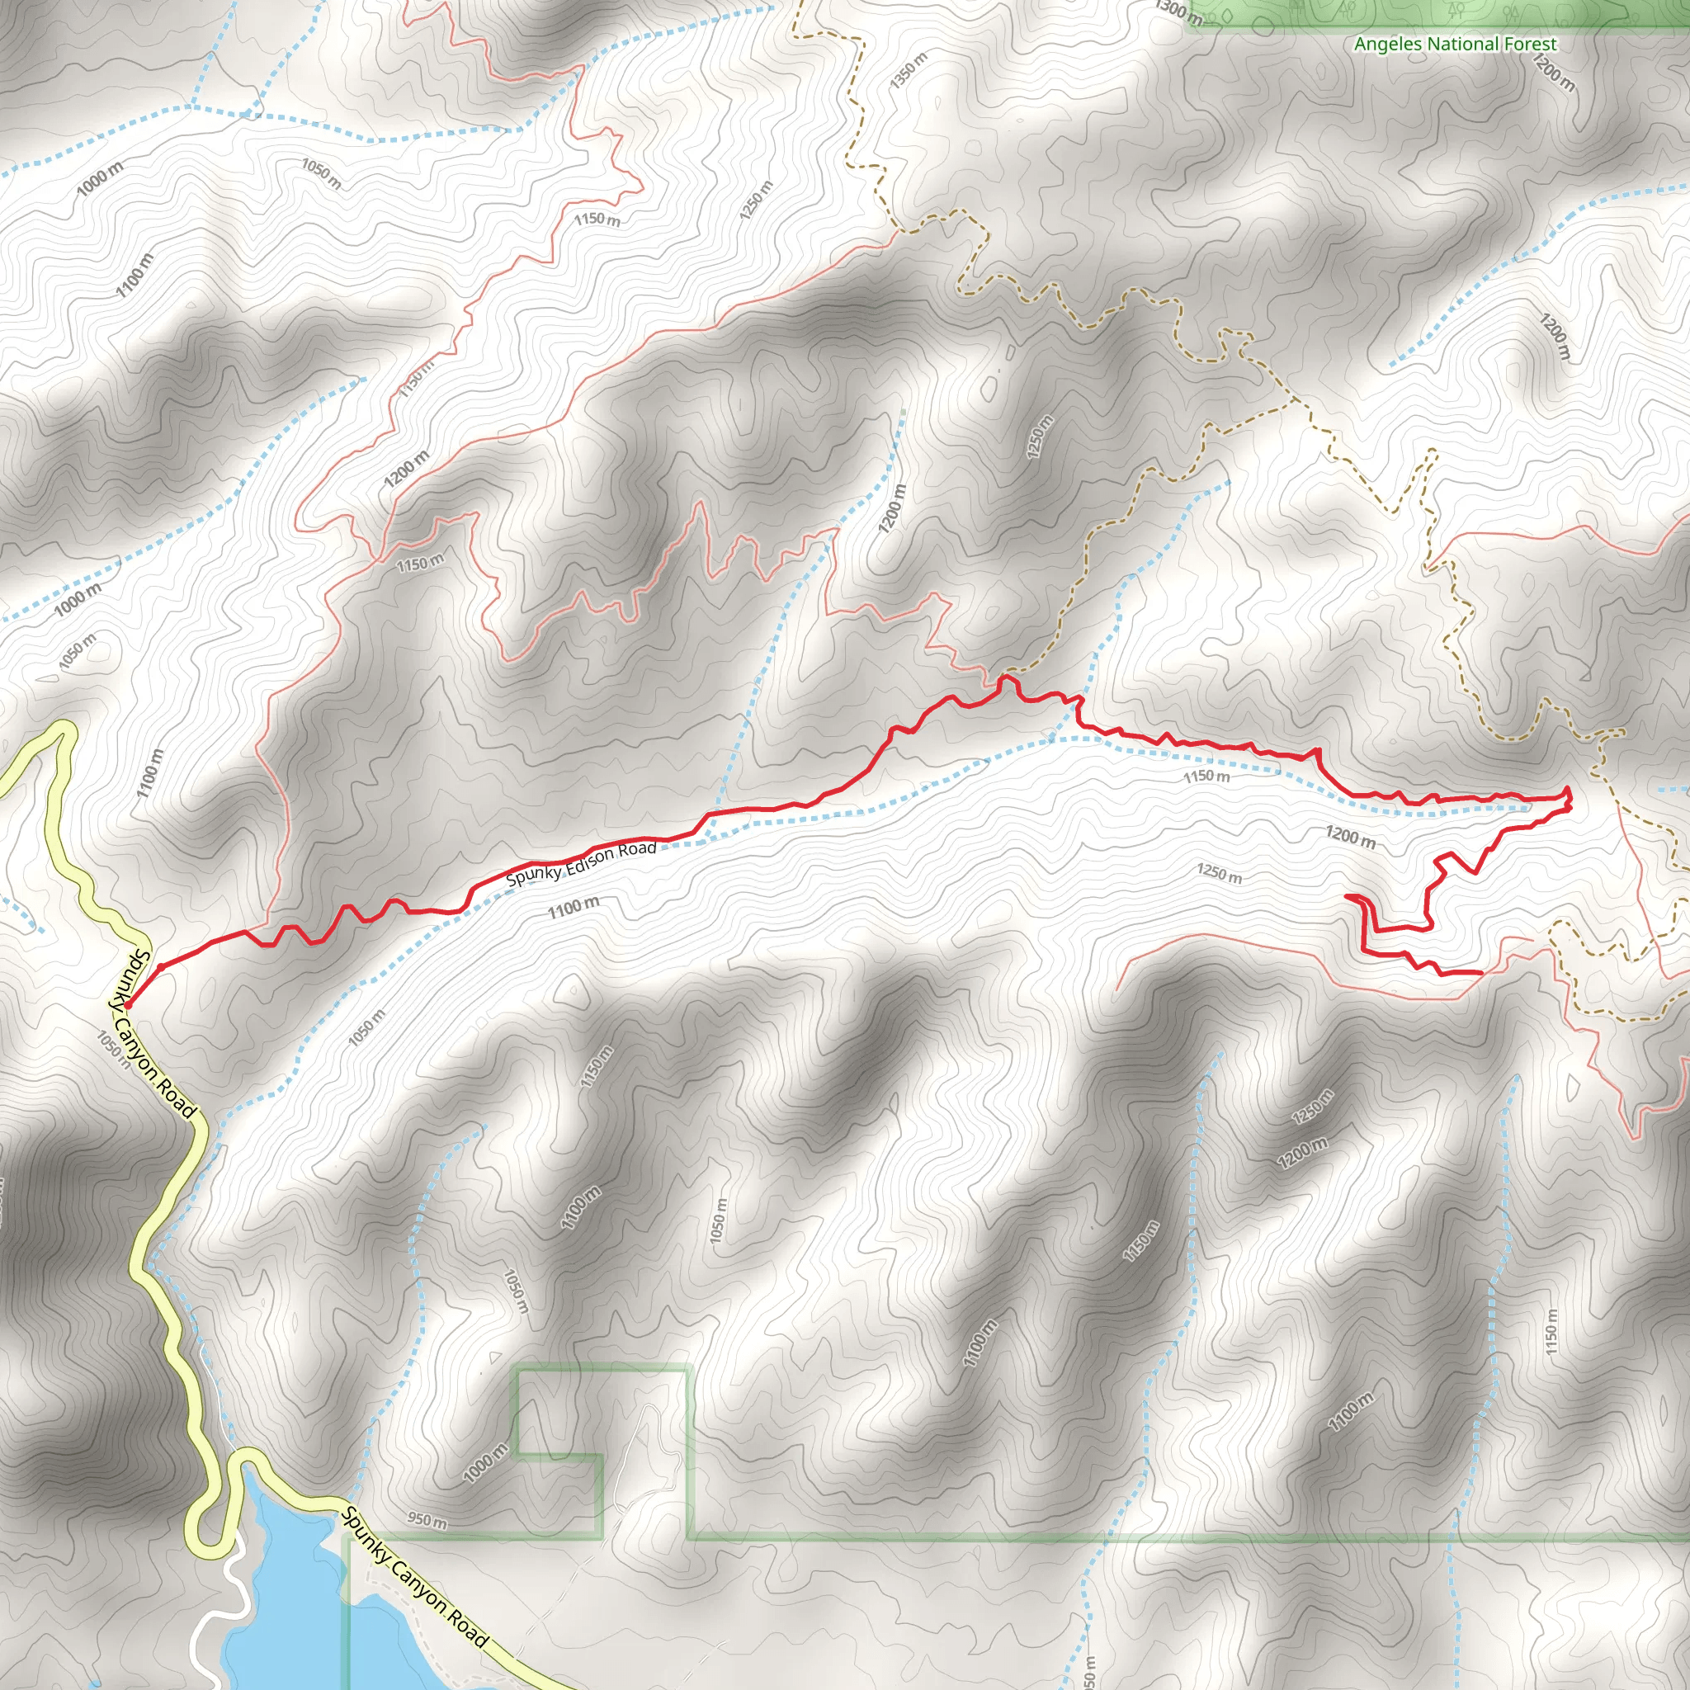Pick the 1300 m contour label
click(x=1178, y=11)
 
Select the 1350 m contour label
click(x=909, y=70)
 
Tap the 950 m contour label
click(x=427, y=1519)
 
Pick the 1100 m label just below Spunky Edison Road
click(x=574, y=908)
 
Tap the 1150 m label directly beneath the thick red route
click(x=1206, y=776)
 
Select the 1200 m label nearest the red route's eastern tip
click(x=1351, y=836)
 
